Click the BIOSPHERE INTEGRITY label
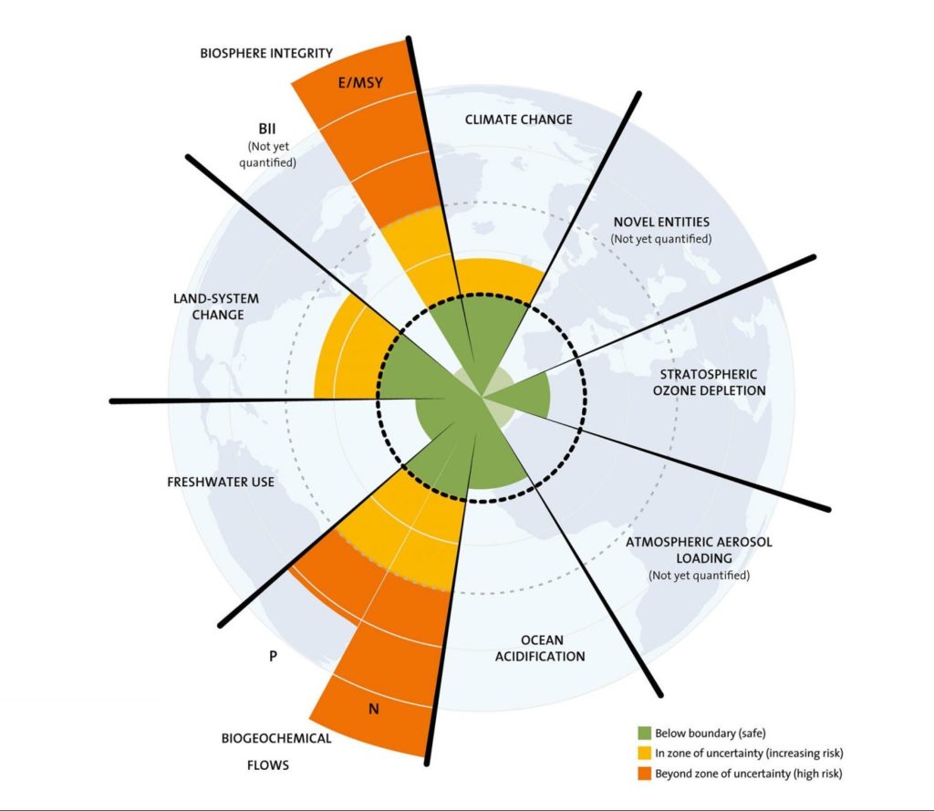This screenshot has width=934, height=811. click(266, 53)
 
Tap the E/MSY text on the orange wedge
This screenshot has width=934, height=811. click(360, 83)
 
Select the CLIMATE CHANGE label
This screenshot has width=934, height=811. click(518, 120)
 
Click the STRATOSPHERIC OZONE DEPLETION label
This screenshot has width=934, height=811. click(709, 382)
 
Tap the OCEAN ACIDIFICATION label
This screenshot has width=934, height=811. click(540, 648)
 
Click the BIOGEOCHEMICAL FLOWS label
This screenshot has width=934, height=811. click(275, 752)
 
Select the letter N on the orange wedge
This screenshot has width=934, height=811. click(373, 709)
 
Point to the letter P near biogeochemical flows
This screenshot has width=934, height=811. click(273, 656)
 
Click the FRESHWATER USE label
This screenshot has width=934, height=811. click(221, 482)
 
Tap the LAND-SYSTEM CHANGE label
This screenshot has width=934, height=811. click(216, 307)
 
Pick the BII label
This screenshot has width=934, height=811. click(267, 129)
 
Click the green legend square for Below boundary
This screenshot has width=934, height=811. click(644, 733)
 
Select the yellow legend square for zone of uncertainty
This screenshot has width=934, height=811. click(644, 754)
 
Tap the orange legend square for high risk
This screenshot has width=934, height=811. click(644, 774)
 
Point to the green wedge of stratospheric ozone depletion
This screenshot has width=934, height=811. click(524, 394)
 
